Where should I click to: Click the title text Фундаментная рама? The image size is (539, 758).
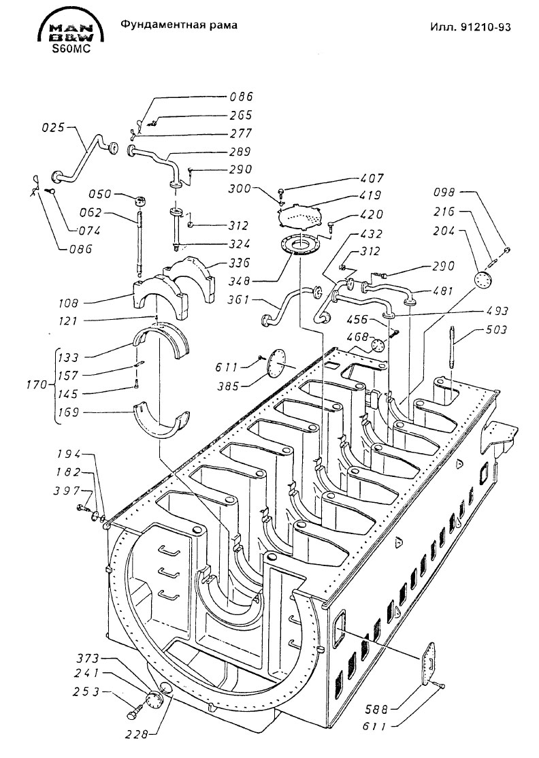[179, 24]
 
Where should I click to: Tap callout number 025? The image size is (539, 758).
[53, 128]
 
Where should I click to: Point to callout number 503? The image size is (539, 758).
[496, 330]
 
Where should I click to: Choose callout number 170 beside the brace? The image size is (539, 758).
[37, 385]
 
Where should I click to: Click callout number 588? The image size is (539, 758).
[376, 710]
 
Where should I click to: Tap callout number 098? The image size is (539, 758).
[444, 193]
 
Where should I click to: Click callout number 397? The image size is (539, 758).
[67, 491]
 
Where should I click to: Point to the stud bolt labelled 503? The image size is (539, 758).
[453, 348]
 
